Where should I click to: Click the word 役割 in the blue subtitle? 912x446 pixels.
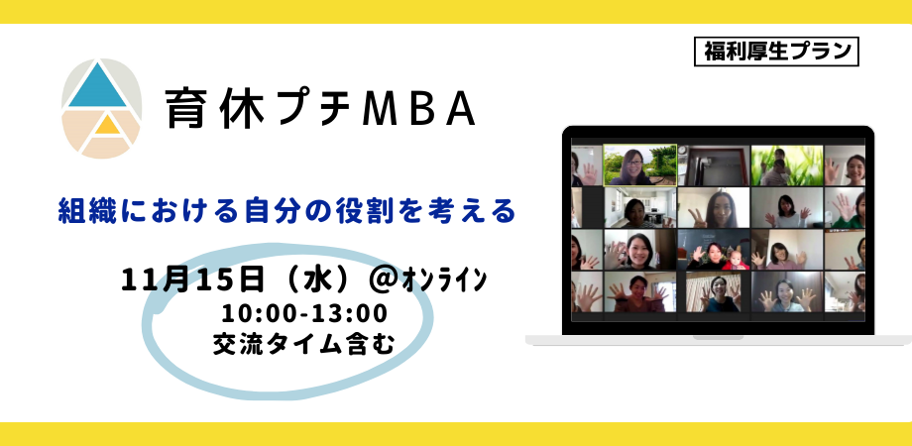[x=391, y=211]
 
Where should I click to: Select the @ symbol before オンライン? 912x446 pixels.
[x=384, y=281]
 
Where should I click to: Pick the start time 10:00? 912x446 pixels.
[x=255, y=314]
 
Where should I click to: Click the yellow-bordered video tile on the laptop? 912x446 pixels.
[x=639, y=166]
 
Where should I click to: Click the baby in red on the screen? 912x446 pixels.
[x=736, y=259]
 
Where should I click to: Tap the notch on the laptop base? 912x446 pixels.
[x=718, y=337]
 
